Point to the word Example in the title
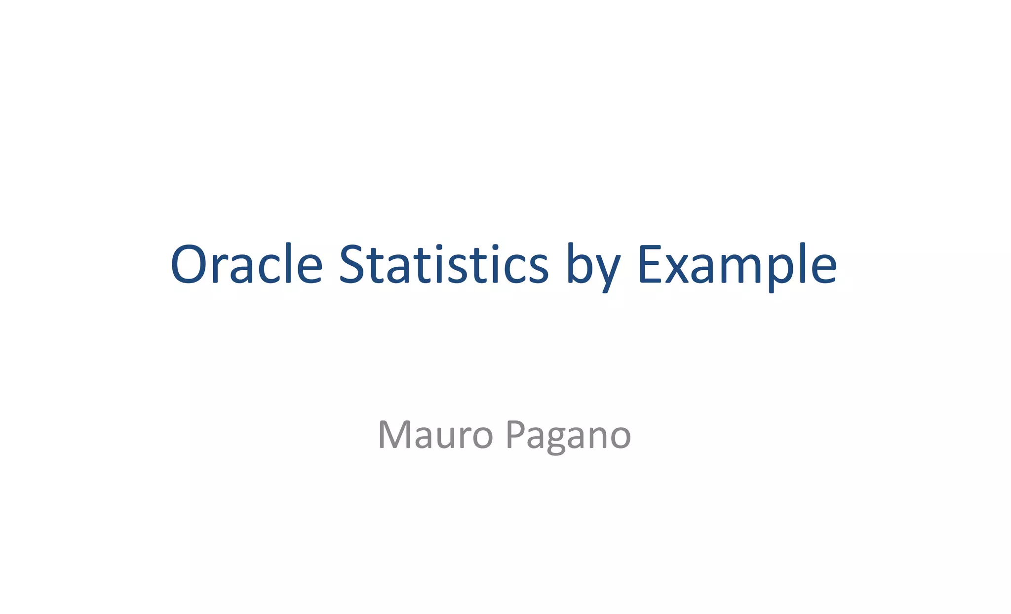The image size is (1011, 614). (x=737, y=265)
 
